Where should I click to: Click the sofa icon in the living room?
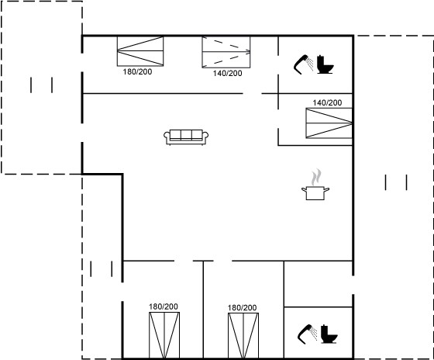click(x=186, y=137)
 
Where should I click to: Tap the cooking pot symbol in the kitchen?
click(x=315, y=193)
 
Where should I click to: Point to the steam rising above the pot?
click(x=316, y=177)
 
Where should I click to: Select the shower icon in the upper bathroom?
click(x=303, y=64)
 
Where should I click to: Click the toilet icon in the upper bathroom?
click(x=325, y=64)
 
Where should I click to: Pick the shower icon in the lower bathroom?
click(x=307, y=334)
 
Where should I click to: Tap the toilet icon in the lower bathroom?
click(x=329, y=334)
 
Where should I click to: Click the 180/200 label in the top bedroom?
click(x=137, y=72)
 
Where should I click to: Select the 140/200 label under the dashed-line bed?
click(x=227, y=73)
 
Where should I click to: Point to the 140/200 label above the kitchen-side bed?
click(x=327, y=103)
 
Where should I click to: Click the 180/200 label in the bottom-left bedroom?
click(x=164, y=306)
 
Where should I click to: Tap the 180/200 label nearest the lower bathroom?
click(x=242, y=307)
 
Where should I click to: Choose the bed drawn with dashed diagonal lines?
click(x=226, y=52)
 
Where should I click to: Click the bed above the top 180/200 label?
click(x=140, y=51)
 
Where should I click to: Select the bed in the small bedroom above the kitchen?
click(x=329, y=123)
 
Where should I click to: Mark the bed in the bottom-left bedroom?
click(x=164, y=335)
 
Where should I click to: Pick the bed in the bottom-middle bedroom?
click(x=243, y=336)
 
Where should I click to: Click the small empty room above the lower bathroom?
click(x=319, y=284)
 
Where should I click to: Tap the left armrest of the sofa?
click(x=167, y=137)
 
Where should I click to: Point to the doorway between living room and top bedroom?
click(x=252, y=94)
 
